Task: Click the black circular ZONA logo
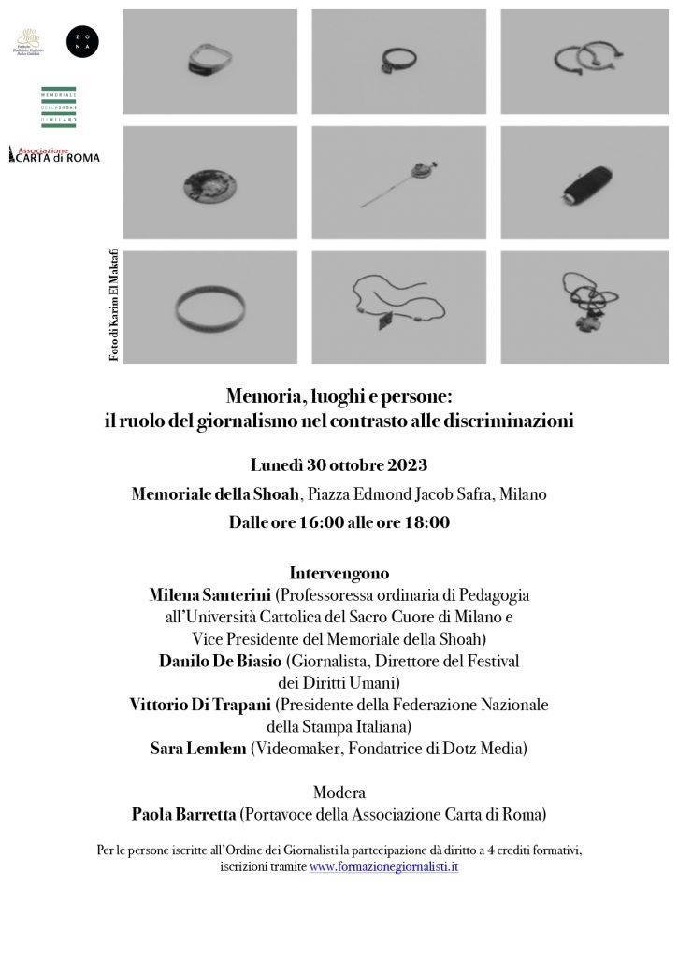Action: [82, 40]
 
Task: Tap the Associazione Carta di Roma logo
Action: [53, 154]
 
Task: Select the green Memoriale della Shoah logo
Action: [59, 107]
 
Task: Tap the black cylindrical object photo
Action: [585, 183]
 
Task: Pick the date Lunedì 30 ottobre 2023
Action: [339, 464]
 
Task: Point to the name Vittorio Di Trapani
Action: [191, 704]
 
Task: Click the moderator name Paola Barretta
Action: [185, 814]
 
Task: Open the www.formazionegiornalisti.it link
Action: [383, 866]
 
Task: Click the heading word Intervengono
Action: [339, 572]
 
